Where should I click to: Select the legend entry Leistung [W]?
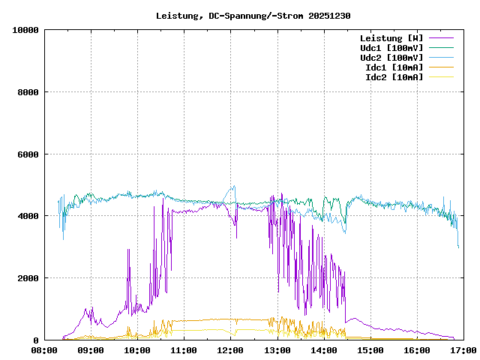(x=391, y=38)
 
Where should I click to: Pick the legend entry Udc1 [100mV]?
(x=391, y=48)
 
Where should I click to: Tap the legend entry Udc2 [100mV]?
(x=391, y=58)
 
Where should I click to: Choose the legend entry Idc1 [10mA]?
(x=394, y=67)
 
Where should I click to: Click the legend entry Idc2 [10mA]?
(x=394, y=77)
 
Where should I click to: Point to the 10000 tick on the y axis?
(x=25, y=30)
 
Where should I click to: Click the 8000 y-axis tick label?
(x=28, y=92)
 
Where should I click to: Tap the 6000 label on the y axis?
(x=28, y=154)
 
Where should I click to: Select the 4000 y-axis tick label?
(x=28, y=216)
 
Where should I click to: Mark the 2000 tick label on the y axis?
(x=28, y=278)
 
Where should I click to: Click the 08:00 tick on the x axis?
(x=44, y=350)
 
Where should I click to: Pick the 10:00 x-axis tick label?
(x=137, y=350)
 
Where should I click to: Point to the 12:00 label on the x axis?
(x=231, y=350)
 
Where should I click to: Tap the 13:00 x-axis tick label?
(x=277, y=350)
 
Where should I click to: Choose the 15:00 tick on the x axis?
(x=370, y=350)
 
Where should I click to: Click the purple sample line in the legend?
(x=441, y=38)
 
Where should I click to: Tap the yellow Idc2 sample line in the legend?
(x=441, y=77)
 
